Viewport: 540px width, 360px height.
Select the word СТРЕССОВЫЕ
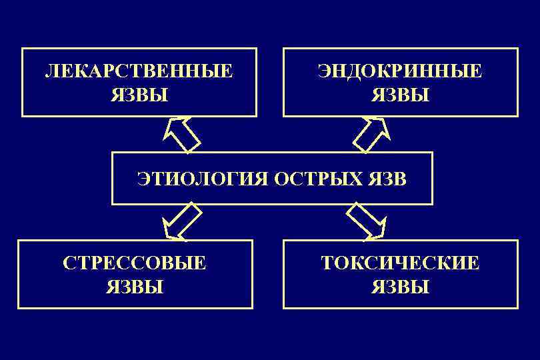[x=135, y=263]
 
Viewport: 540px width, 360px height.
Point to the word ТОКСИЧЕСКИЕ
[x=400, y=263]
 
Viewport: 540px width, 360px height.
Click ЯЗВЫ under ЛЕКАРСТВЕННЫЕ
[x=139, y=95]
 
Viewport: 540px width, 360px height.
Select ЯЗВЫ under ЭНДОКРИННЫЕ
[x=400, y=95]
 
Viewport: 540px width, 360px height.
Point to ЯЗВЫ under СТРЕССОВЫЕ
[x=135, y=287]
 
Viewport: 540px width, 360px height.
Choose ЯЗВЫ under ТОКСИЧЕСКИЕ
[x=400, y=287]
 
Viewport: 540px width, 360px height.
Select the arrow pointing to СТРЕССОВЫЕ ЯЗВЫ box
[x=181, y=221]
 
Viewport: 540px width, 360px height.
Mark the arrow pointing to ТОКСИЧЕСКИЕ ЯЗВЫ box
[x=367, y=221]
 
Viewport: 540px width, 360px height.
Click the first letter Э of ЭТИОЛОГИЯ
[x=143, y=179]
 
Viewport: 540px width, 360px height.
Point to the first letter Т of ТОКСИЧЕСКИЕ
[x=327, y=263]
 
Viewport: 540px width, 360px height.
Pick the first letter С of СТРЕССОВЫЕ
[x=68, y=263]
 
